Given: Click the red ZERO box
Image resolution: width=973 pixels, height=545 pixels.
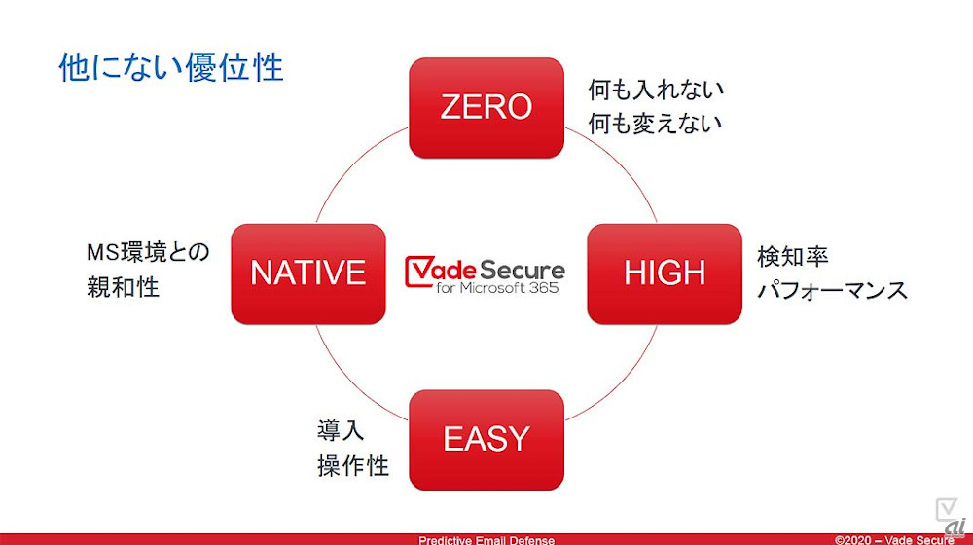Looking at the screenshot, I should click(x=486, y=107).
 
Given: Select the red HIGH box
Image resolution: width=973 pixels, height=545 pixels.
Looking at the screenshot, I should click(x=665, y=273).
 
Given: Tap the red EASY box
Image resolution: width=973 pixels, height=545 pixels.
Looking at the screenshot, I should click(x=486, y=439).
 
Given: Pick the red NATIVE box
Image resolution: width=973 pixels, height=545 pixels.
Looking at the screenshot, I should click(x=307, y=273).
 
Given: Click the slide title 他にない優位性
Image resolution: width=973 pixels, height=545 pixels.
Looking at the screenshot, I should click(x=171, y=68).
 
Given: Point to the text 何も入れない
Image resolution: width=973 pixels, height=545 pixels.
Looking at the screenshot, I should click(x=656, y=91).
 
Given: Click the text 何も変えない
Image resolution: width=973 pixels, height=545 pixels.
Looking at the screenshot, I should click(x=656, y=124).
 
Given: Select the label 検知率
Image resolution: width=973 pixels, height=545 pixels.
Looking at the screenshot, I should click(x=793, y=257).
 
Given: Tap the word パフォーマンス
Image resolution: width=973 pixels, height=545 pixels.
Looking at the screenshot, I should click(x=832, y=290).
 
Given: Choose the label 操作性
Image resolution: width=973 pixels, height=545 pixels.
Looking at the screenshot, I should click(x=353, y=465).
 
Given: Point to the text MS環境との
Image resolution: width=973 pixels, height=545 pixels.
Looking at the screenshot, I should click(x=147, y=254).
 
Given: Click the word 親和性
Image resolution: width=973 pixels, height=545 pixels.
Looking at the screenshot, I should click(x=123, y=287).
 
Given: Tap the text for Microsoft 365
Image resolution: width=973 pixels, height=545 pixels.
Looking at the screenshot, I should click(x=497, y=289).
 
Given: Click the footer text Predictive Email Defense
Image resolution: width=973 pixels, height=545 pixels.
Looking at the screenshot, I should click(x=486, y=539).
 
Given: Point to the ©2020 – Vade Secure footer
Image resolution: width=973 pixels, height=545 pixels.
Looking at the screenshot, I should click(x=894, y=539).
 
